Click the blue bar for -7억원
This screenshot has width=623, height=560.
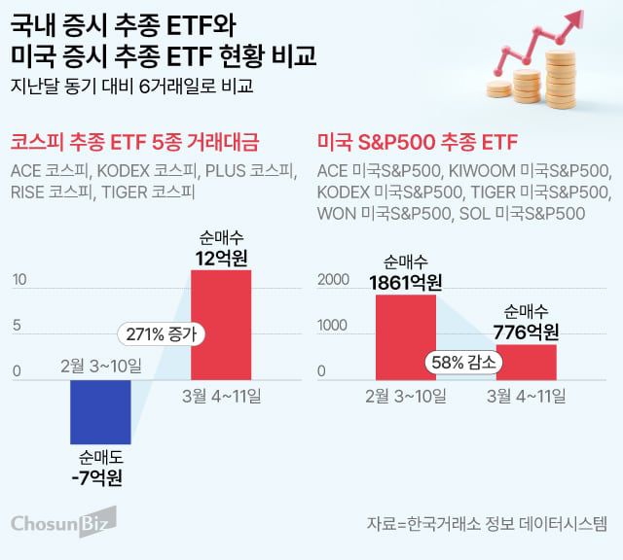click(100, 411)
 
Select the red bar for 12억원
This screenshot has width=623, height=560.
click(221, 324)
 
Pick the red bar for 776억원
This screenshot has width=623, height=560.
click(526, 361)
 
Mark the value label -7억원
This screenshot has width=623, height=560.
click(101, 476)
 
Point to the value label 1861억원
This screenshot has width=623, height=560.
click(406, 282)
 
